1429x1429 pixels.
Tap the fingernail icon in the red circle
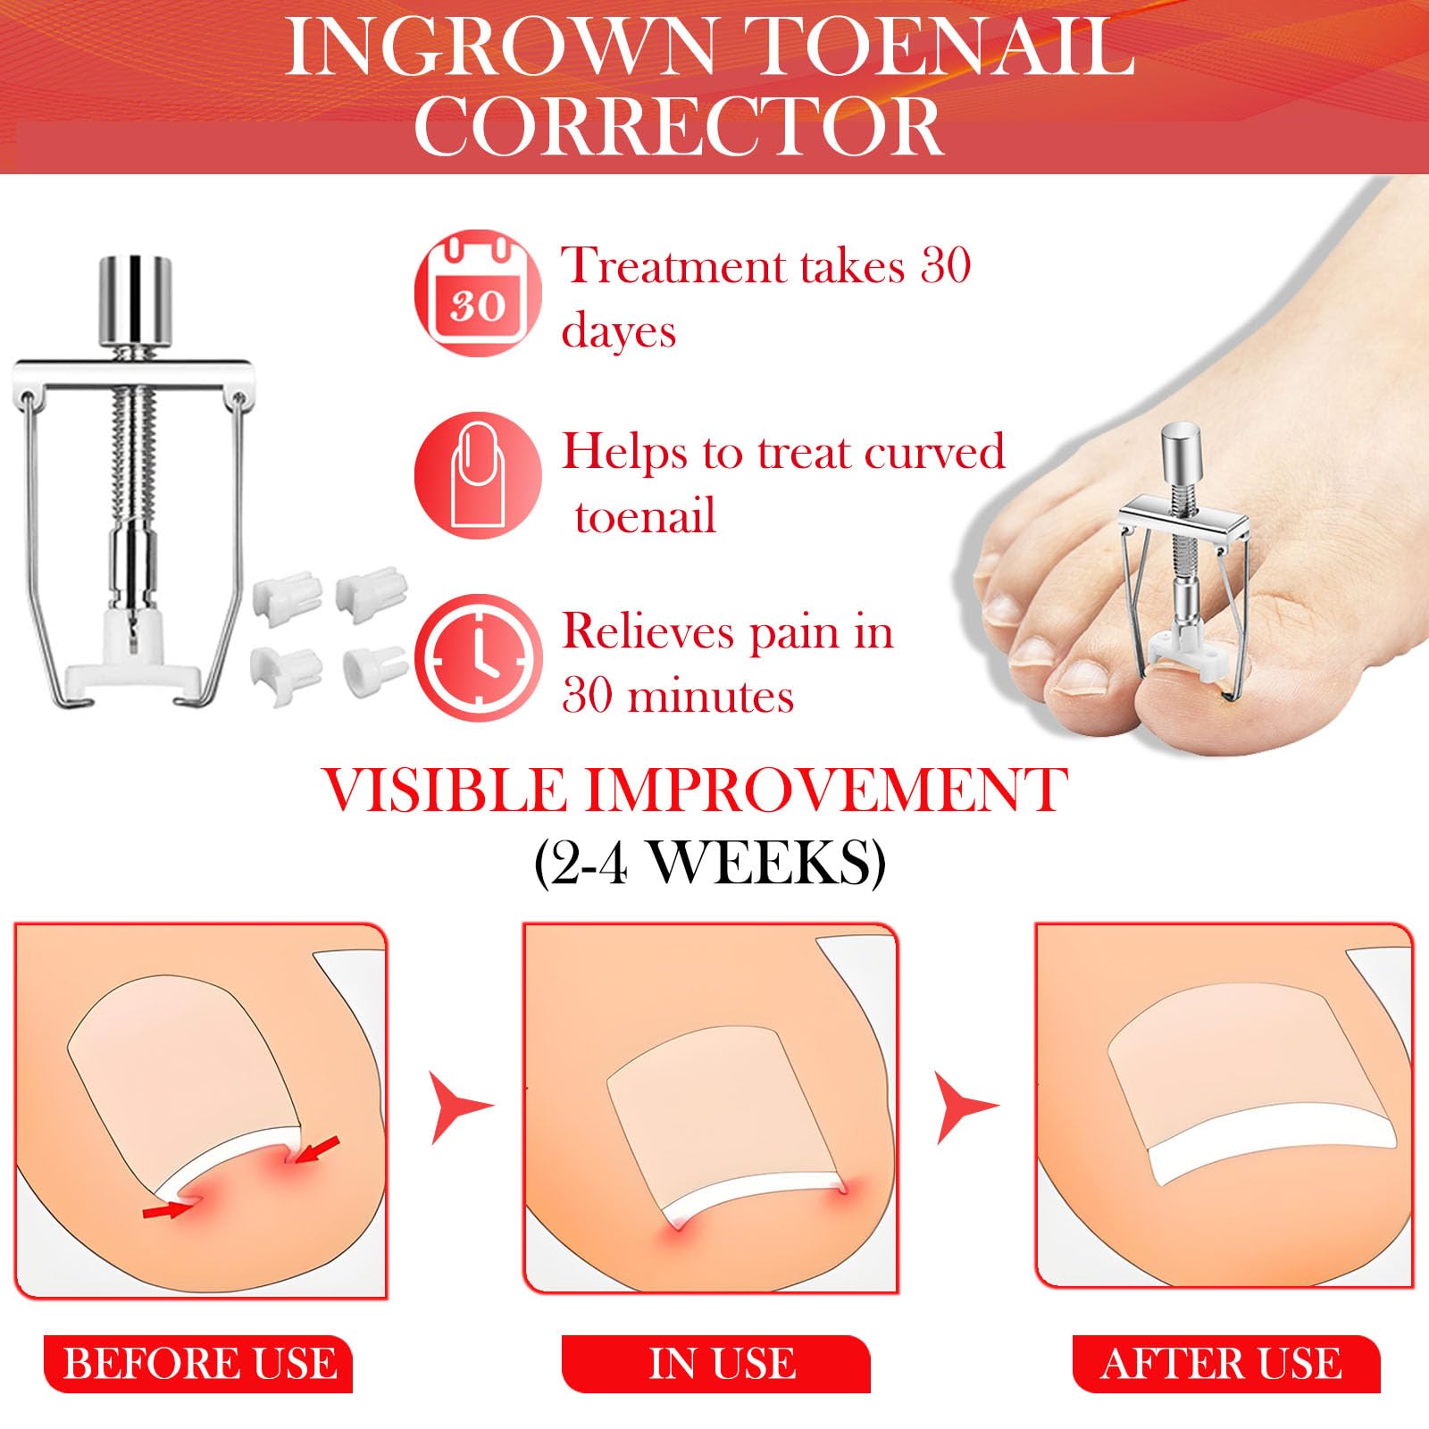coord(478,475)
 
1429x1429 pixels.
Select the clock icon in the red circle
coord(478,659)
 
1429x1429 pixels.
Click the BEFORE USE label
coord(199,1363)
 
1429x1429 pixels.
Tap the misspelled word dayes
coord(618,331)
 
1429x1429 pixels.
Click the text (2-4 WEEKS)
coord(710,862)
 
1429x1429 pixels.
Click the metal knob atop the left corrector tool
coord(134,302)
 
